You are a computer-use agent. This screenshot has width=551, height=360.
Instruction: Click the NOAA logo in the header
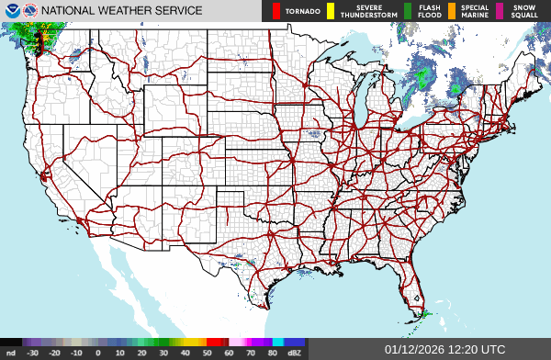[x=11, y=11]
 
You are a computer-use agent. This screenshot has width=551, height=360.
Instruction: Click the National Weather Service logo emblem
[x=30, y=11]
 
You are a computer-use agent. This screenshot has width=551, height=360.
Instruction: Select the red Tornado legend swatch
[x=276, y=12]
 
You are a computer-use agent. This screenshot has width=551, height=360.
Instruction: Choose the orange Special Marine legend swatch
[x=454, y=12]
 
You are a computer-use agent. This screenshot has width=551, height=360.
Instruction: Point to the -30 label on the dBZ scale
[x=32, y=352]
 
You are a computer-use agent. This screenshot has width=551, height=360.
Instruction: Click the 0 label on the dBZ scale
[x=97, y=352]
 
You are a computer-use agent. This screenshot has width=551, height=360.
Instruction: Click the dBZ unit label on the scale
[x=293, y=352]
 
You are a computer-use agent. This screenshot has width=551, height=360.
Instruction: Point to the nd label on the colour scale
[x=10, y=352]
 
